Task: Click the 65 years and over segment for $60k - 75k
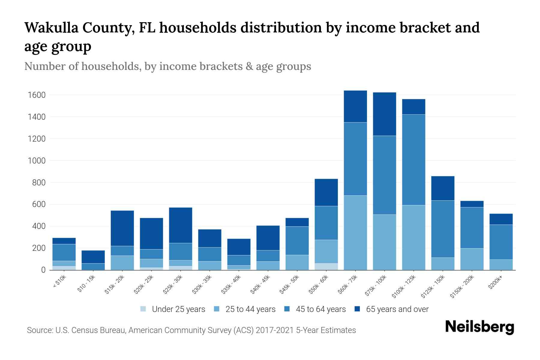355,106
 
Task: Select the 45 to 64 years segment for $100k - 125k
413,160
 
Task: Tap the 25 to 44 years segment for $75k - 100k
384,242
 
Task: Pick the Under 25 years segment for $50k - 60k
326,266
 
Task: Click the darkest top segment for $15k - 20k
122,228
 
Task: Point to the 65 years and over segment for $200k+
501,219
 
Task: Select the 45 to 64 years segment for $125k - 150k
442,229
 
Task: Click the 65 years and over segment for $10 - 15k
93,257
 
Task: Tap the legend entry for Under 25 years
178,309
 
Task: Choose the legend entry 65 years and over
397,309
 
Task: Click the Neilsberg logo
479,327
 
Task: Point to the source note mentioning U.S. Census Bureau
191,330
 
